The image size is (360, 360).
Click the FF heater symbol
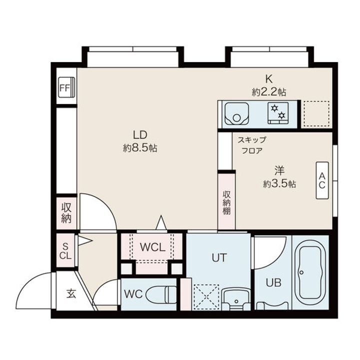click(x=66, y=87)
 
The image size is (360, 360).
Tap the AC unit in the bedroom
click(x=322, y=180)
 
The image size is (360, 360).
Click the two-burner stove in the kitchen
click(x=278, y=113)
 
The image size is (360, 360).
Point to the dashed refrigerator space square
click(x=316, y=114)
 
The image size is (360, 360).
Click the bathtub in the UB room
click(x=310, y=272)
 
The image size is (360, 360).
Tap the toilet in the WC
click(x=161, y=294)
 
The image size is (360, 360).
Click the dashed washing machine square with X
click(x=206, y=297)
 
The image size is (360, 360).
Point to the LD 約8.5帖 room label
click(x=140, y=141)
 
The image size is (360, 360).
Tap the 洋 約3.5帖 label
click(x=279, y=177)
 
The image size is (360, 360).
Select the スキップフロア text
click(x=252, y=145)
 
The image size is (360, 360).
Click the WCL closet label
click(x=152, y=247)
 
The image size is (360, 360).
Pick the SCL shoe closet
click(x=65, y=250)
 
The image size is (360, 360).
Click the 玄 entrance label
click(x=71, y=294)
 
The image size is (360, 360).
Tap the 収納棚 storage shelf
click(x=227, y=201)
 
